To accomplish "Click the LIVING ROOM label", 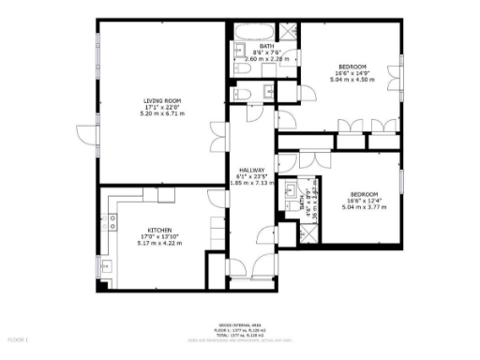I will click(162, 100).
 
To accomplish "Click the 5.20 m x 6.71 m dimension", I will click(162, 115).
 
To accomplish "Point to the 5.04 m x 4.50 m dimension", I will click(353, 80).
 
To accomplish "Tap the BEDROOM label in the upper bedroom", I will click(353, 66).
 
